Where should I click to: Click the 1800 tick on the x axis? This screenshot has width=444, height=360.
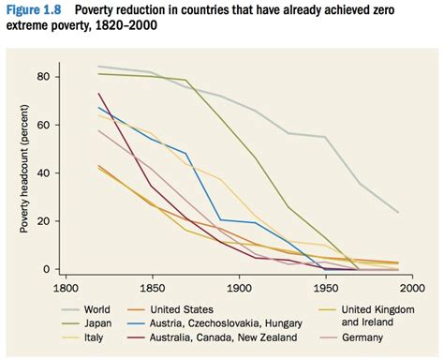pos(65,289)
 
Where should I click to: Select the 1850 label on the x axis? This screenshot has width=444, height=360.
pos(152,289)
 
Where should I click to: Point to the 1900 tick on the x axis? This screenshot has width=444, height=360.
pos(239,289)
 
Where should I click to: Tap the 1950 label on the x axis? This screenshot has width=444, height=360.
pos(326,289)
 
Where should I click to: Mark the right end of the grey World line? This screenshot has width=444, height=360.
pos(398,213)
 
